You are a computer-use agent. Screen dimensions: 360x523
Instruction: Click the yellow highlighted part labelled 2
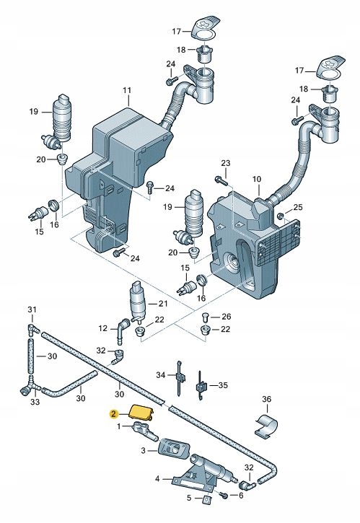[x=141, y=412]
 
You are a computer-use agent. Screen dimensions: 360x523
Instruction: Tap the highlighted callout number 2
[x=113, y=414]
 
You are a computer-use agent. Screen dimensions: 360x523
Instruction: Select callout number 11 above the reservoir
[x=127, y=90]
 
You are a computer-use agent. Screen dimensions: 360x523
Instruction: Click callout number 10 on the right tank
[x=257, y=179]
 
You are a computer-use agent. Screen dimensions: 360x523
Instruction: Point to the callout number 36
[x=267, y=399]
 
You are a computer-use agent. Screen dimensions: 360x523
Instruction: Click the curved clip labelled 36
[x=267, y=426]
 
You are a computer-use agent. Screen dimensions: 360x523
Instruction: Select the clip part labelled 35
[x=201, y=385]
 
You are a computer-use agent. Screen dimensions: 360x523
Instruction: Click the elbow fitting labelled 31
[x=33, y=328]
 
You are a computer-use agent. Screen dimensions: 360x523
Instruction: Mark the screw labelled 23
[x=221, y=180]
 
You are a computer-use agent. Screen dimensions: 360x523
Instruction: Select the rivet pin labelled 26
[x=206, y=315]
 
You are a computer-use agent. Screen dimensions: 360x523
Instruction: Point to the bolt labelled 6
[x=224, y=495]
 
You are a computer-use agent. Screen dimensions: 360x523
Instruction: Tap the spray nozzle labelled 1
[x=146, y=430]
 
